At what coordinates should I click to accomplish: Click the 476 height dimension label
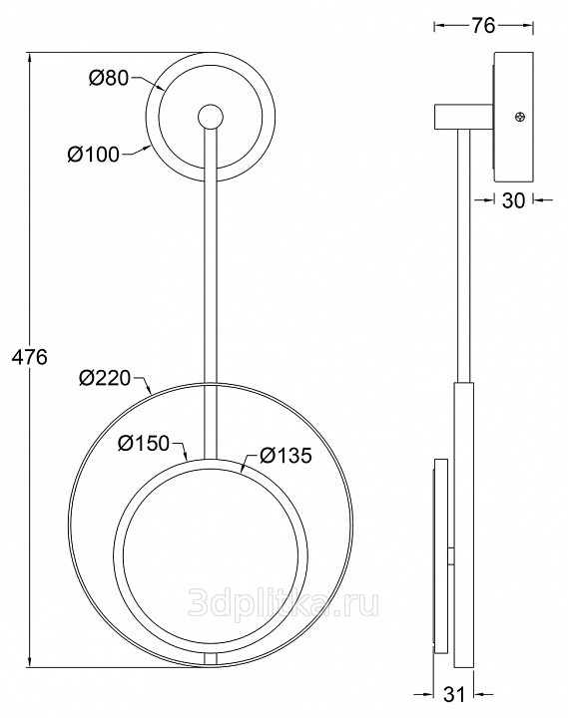point(29,358)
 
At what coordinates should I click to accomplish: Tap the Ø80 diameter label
point(109,79)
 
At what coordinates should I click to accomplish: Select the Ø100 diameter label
point(94,155)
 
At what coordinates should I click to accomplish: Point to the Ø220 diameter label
point(105,378)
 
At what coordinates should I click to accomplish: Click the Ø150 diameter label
point(144,443)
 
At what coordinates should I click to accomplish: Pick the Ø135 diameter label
point(285,456)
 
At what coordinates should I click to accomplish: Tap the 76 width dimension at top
point(483,26)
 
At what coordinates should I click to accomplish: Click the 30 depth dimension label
point(513,200)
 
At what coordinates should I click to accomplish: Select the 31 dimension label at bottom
point(455,694)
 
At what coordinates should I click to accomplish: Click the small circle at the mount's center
point(211,117)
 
